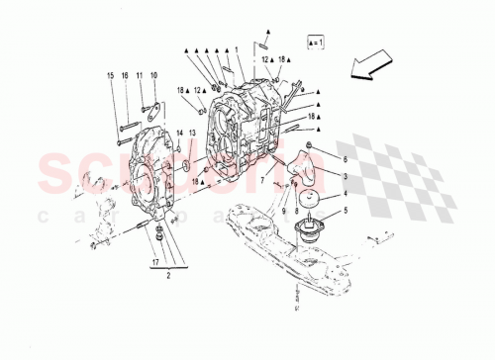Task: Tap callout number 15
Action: point(111,75)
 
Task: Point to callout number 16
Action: point(125,75)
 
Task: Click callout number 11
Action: point(140,75)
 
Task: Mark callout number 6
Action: point(345,159)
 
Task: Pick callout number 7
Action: point(264,182)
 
